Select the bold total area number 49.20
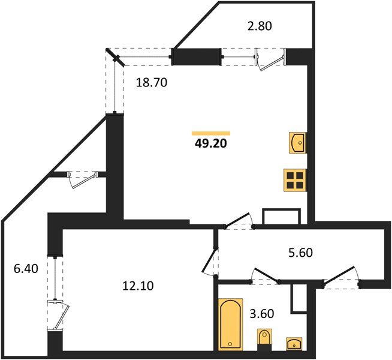[x=210, y=143]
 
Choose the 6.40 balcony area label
[x=25, y=269]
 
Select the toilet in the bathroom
[x=264, y=339]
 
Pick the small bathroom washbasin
[x=294, y=343]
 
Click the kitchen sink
[x=297, y=143]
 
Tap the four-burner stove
[x=295, y=179]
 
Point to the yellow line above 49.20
[x=211, y=133]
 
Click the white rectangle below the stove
[x=281, y=216]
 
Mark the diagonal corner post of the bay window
[x=115, y=58]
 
